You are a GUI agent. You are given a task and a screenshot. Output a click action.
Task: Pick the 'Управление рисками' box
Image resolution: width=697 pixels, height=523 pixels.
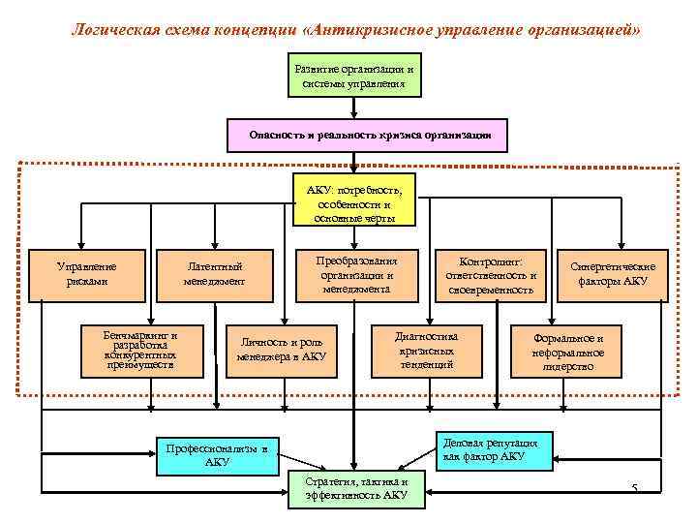click(87, 274)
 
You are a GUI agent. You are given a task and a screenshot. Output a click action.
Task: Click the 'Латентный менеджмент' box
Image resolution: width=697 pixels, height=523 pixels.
click(214, 274)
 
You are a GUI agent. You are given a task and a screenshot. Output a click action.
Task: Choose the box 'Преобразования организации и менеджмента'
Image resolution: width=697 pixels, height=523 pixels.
click(356, 274)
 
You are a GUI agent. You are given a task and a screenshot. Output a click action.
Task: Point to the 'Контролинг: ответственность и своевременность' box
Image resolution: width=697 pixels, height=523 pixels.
click(490, 275)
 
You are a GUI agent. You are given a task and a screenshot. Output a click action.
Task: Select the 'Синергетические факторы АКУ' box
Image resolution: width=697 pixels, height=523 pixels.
click(612, 274)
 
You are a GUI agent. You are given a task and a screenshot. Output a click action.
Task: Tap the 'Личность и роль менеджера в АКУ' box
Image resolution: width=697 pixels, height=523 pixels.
click(282, 351)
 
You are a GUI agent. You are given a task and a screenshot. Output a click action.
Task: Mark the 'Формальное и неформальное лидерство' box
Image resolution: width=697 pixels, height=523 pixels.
click(568, 352)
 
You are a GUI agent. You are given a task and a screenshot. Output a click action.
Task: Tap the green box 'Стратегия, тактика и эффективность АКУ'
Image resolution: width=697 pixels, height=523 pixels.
click(355, 489)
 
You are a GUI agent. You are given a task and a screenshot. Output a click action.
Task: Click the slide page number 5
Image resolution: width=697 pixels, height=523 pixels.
click(634, 487)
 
